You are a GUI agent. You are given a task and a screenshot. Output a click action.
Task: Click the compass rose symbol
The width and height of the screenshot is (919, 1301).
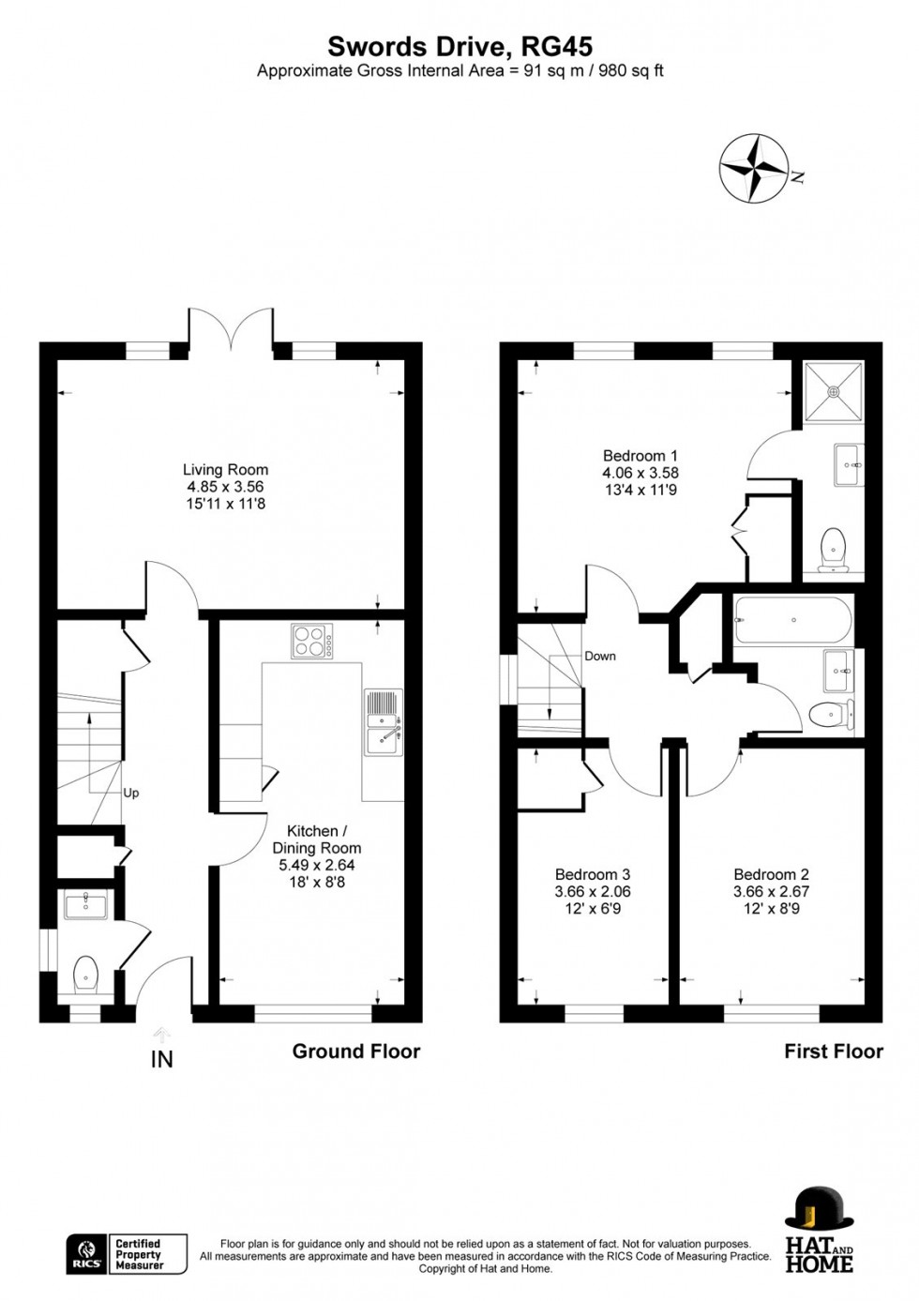click(753, 168)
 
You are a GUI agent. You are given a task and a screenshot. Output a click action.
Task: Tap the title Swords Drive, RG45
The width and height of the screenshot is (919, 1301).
click(459, 46)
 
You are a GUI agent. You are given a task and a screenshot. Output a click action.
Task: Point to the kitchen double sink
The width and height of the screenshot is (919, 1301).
click(384, 722)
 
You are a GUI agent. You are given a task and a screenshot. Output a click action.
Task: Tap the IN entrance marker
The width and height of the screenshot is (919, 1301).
click(162, 1059)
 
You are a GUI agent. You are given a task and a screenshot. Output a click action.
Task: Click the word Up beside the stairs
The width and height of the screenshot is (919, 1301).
click(131, 793)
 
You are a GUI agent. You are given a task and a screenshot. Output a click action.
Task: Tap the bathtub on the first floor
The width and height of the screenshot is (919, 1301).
click(793, 620)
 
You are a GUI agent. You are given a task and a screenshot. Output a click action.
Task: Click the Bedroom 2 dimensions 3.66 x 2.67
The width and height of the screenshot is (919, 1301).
click(771, 891)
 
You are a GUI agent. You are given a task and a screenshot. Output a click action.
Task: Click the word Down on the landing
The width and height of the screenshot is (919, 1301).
click(600, 656)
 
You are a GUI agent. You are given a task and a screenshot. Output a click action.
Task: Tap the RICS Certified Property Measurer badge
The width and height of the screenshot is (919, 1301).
click(127, 1254)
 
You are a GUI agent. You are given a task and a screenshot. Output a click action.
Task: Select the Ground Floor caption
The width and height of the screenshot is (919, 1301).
click(356, 1051)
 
